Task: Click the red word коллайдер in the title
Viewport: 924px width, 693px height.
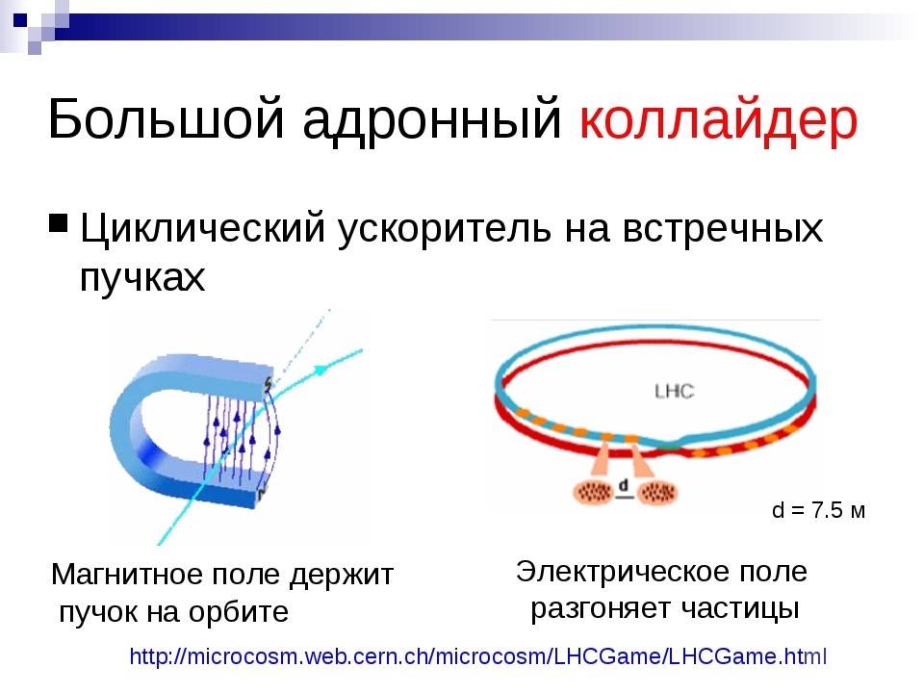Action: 718,120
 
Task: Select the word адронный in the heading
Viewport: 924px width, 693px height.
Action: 432,121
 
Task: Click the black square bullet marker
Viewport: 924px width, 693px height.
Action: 59,223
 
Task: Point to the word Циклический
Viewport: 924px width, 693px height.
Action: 203,228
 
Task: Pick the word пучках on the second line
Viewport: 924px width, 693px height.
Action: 142,278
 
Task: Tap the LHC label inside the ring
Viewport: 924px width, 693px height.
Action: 674,391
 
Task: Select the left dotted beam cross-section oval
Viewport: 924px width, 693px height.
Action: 594,492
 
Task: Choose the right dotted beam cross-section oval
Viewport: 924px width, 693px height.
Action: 657,492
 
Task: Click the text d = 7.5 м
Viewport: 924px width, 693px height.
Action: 818,510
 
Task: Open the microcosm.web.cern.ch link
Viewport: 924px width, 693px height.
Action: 478,655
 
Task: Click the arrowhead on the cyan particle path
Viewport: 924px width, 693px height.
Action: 321,370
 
